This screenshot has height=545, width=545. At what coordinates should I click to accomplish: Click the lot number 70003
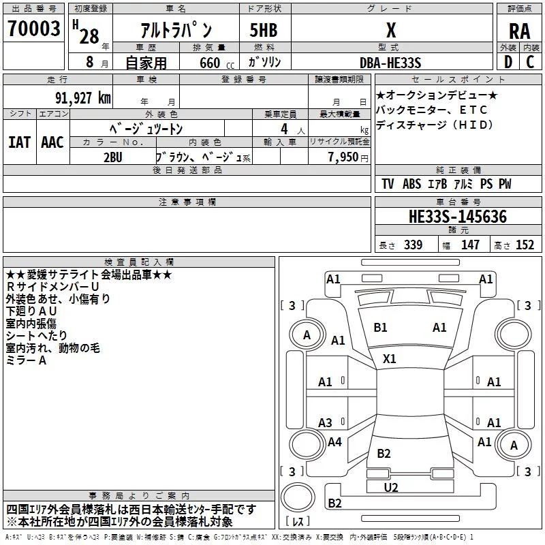[34, 29]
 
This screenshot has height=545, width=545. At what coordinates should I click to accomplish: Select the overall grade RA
[519, 31]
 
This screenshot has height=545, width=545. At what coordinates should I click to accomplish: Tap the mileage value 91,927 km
[82, 98]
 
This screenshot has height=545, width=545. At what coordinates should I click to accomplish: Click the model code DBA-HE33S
[390, 63]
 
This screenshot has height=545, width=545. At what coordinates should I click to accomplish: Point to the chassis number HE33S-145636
[458, 217]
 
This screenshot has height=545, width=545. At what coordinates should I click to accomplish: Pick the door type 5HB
[264, 30]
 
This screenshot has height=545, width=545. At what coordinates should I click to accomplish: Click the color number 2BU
[113, 157]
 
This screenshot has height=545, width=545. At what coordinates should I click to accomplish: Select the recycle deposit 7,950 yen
[348, 157]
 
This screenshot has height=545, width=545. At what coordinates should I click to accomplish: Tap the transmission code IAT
[19, 142]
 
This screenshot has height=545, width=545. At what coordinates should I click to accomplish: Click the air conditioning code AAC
[52, 142]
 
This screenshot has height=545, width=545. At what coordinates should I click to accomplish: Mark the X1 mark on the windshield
[389, 358]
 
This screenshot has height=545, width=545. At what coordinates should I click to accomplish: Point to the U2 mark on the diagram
[391, 487]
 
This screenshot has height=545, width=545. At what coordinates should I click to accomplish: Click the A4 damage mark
[334, 441]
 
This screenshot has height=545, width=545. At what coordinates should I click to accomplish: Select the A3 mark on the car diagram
[325, 422]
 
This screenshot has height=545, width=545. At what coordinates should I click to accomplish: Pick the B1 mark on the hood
[380, 328]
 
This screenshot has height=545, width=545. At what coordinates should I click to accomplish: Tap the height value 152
[525, 245]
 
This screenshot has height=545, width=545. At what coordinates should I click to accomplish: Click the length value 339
[414, 245]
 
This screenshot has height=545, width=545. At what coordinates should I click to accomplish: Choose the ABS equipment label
[412, 184]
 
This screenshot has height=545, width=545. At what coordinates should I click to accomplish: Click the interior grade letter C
[530, 62]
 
